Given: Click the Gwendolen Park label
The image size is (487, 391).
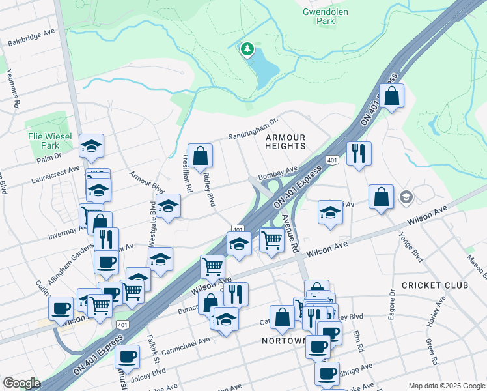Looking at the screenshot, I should pyautogui.click(x=319, y=16).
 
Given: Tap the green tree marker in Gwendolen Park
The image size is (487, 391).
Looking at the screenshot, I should pyautogui.click(x=247, y=49).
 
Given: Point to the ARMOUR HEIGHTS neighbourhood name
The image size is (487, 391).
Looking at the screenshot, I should pyautogui.click(x=285, y=141).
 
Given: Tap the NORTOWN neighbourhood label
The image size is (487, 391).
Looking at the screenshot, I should pyautogui.click(x=283, y=341).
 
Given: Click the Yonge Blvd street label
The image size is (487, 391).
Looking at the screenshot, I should pyautogui.click(x=411, y=246).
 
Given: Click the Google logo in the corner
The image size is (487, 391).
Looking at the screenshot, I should pyautogui.click(x=21, y=383).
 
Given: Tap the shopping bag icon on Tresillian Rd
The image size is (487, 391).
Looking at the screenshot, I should pyautogui.click(x=201, y=155).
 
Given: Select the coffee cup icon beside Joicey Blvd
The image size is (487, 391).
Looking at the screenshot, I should pyautogui.click(x=128, y=356).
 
